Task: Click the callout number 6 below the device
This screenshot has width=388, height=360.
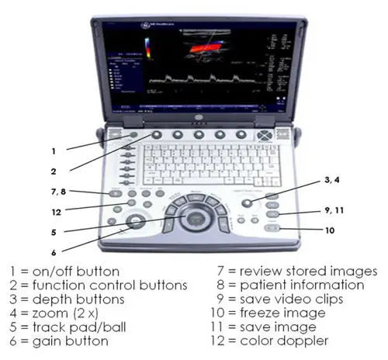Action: click(54, 251)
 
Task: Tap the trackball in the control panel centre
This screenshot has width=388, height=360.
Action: click(195, 216)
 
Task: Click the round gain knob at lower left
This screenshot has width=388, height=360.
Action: click(137, 222)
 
